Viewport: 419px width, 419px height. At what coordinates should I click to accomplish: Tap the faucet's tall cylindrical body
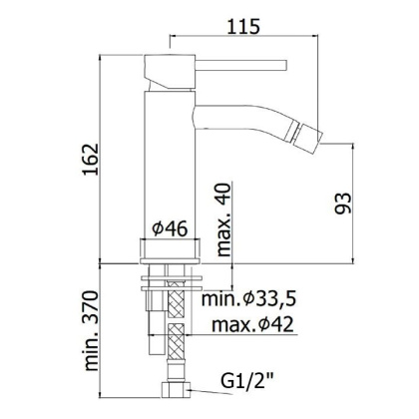point(171,160)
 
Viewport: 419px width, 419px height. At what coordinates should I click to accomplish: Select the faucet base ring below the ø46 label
point(171,249)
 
